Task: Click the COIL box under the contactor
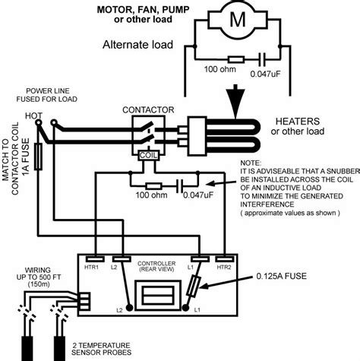(150, 154)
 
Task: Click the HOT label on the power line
(34, 116)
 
